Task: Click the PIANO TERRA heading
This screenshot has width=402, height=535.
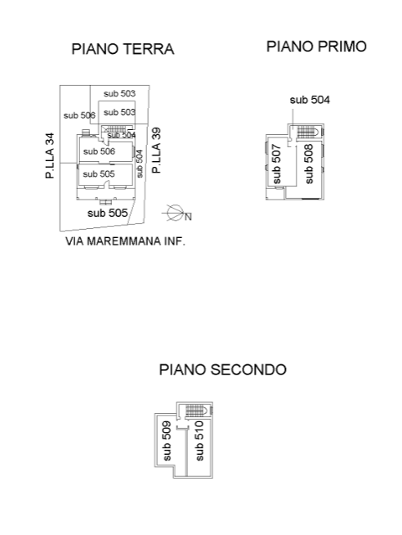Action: [123, 49]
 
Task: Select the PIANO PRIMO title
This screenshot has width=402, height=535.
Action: [316, 47]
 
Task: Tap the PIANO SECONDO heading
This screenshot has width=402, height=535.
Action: [222, 370]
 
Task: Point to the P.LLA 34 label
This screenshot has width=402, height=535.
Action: [50, 155]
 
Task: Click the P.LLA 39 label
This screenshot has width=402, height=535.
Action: [156, 151]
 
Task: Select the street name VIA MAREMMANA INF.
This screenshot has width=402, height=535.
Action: [125, 241]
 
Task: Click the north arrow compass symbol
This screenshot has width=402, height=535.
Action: [176, 213]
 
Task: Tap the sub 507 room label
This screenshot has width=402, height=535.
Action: [276, 164]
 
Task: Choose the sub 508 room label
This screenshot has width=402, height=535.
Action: [308, 164]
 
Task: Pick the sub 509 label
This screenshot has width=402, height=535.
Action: [167, 441]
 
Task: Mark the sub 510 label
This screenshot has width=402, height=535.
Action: [199, 441]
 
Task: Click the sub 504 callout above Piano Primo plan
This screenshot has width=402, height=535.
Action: [310, 100]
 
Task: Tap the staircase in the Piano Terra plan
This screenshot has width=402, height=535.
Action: [115, 128]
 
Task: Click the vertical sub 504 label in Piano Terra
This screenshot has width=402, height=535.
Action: [140, 164]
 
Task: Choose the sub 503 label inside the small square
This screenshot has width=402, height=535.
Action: [119, 112]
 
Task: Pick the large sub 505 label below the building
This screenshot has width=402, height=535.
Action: [107, 213]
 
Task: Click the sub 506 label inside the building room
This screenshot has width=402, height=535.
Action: [99, 151]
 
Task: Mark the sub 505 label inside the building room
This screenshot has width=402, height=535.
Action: [99, 174]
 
